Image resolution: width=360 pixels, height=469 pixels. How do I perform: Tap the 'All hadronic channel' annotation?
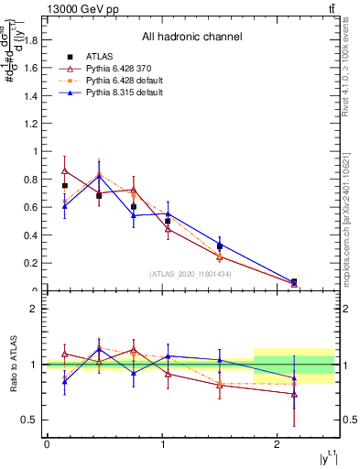191,38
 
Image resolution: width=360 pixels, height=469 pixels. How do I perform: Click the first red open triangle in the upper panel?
64,170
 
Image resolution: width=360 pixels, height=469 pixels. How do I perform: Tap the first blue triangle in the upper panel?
64,205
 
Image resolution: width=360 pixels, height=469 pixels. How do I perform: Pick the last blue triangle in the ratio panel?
294,377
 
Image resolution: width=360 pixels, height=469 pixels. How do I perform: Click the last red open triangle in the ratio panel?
294,395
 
